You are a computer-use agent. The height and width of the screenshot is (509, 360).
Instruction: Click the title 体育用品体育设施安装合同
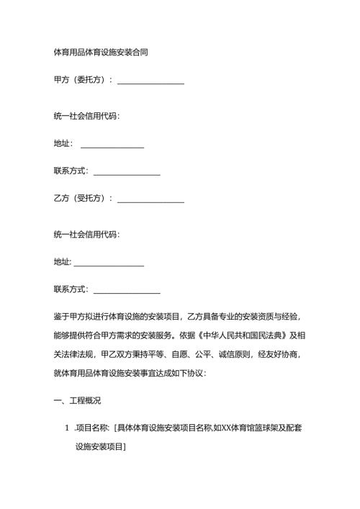[102, 53]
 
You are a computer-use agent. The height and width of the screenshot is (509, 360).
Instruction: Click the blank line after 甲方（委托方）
[150, 84]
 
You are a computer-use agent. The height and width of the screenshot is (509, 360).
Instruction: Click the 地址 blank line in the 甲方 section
[112, 147]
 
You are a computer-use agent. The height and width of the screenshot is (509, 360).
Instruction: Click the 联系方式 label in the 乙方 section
[71, 290]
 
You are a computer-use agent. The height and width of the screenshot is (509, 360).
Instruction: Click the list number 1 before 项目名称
[67, 429]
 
